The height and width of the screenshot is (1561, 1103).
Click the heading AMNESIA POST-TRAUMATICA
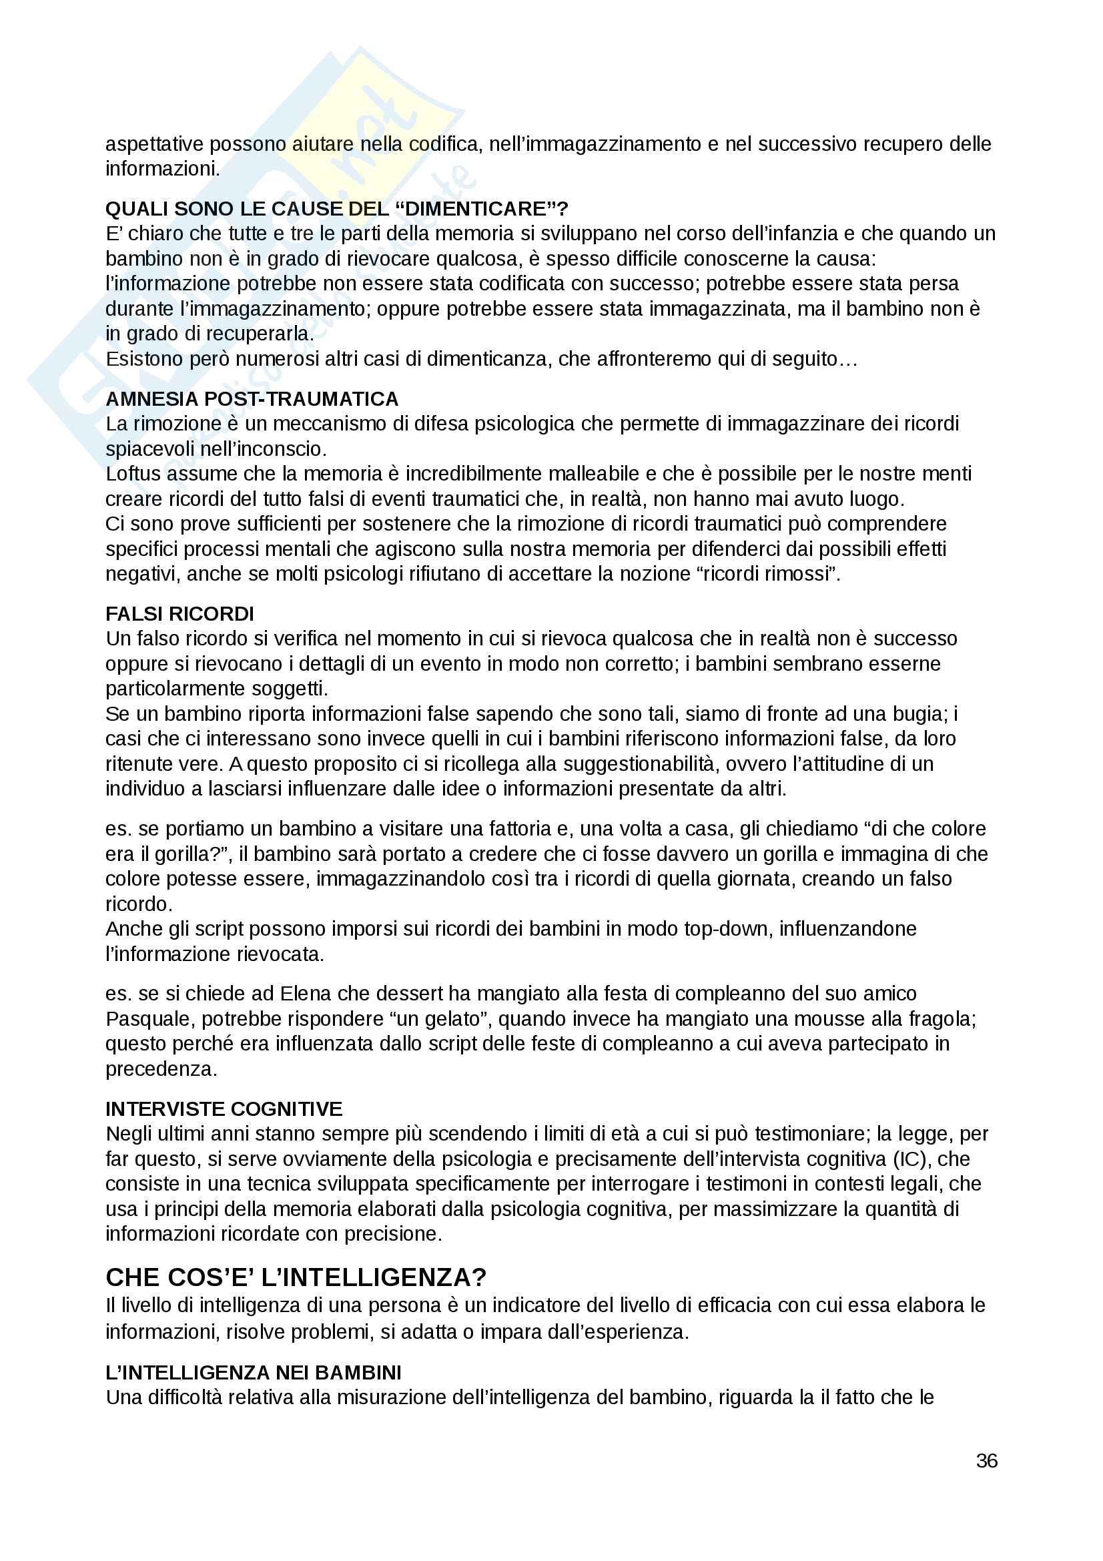(252, 398)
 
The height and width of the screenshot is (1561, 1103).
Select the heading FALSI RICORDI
(179, 613)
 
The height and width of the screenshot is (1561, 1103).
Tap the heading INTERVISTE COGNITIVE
(224, 1109)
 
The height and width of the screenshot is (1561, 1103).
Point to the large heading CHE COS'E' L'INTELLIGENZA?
(296, 1277)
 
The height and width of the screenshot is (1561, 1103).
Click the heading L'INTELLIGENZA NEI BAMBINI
(253, 1372)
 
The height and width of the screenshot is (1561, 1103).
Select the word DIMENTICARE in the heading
(476, 209)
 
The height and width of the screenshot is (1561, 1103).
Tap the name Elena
(306, 993)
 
